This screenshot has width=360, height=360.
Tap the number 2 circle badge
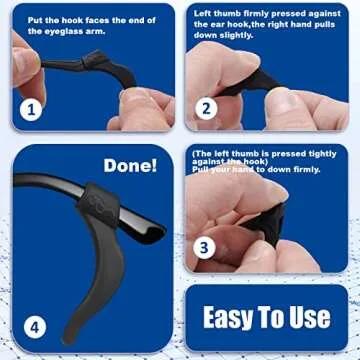(206, 109)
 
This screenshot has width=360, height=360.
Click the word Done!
(130, 164)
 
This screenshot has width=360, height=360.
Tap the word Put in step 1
(36, 17)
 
